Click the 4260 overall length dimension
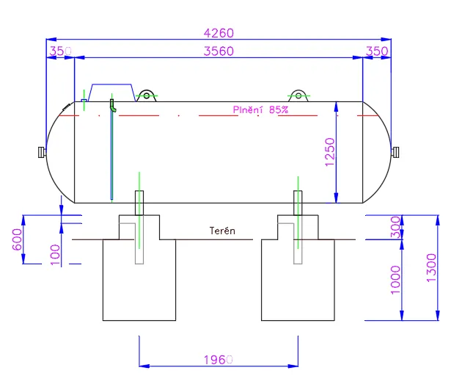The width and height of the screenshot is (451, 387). [x=219, y=33]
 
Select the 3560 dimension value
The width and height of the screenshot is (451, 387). [x=219, y=51]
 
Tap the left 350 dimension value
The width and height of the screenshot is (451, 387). [x=60, y=51]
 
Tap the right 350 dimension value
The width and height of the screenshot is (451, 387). [x=377, y=51]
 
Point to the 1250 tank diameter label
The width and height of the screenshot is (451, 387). [x=330, y=152]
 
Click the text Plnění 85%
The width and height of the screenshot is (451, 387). [x=260, y=109]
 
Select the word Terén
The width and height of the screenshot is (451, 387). [x=222, y=231]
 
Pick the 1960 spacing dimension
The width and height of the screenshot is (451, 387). [x=219, y=360]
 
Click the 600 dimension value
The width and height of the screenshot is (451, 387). [x=18, y=239]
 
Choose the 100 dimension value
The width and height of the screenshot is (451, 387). [x=55, y=255]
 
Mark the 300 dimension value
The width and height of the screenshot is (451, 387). [x=395, y=228]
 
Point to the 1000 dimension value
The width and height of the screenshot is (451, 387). [x=395, y=280]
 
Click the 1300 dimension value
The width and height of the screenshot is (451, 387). [x=431, y=268]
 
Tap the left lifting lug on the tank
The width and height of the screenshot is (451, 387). [x=147, y=95]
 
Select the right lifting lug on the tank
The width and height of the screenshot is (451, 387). [x=298, y=95]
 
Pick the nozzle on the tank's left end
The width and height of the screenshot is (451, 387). [x=42, y=152]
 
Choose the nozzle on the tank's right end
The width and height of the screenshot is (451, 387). [x=395, y=152]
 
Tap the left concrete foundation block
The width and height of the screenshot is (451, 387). [x=139, y=280]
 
